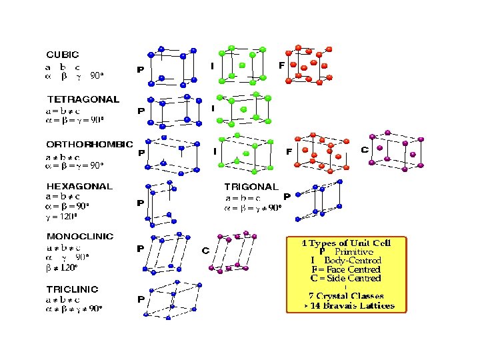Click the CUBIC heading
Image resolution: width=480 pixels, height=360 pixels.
[62, 55]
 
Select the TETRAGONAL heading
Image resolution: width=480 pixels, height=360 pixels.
[83, 99]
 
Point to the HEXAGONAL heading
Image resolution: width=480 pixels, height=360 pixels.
[79, 187]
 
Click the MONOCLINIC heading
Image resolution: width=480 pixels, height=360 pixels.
[80, 236]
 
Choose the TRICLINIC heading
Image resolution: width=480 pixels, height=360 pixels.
[72, 289]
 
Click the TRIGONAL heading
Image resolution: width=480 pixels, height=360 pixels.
[250, 187]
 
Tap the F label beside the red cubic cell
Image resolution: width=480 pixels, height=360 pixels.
[281, 65]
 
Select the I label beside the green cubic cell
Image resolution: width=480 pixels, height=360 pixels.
[212, 66]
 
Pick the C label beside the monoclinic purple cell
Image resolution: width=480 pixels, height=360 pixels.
[205, 251]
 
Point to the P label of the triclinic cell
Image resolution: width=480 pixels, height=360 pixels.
[141, 299]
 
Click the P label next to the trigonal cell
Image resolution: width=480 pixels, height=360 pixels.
[287, 197]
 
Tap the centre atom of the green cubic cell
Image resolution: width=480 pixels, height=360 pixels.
[241, 66]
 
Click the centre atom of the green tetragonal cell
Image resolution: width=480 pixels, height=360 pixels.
[243, 109]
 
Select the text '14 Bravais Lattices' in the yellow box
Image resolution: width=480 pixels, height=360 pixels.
[353, 306]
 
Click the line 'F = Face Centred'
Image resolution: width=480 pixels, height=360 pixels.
[345, 269]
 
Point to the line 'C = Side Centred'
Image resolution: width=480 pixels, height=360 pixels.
[345, 278]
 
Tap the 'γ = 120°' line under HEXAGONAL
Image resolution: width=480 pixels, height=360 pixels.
[62, 216]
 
